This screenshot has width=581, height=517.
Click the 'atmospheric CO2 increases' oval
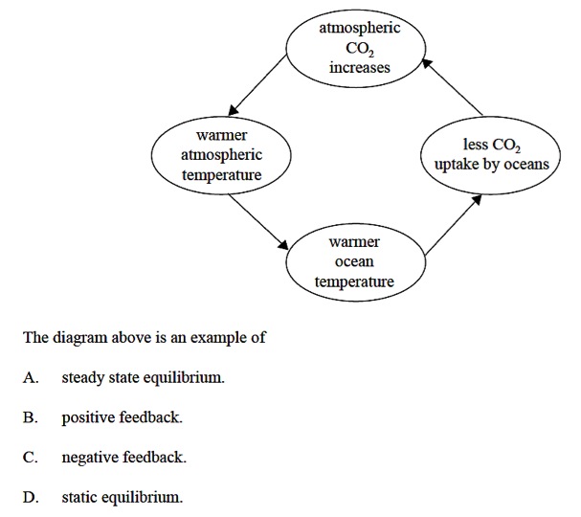(x=360, y=48)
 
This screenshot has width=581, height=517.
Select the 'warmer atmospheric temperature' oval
(x=221, y=155)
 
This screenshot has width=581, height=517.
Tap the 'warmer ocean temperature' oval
(x=354, y=261)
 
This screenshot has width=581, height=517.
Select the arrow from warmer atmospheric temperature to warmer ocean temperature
(x=257, y=219)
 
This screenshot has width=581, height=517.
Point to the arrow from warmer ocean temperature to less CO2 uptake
(x=452, y=225)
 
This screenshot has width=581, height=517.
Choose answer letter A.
(x=31, y=378)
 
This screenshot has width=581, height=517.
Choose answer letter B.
(x=31, y=418)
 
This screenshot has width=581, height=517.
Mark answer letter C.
(x=31, y=459)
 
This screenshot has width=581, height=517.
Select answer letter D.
(x=31, y=498)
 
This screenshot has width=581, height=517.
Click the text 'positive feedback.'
(x=122, y=418)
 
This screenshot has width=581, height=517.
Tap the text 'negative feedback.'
(x=123, y=459)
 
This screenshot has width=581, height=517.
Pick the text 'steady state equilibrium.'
(x=144, y=378)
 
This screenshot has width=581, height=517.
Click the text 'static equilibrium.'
(x=122, y=498)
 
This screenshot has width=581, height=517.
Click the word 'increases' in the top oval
(x=360, y=68)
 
